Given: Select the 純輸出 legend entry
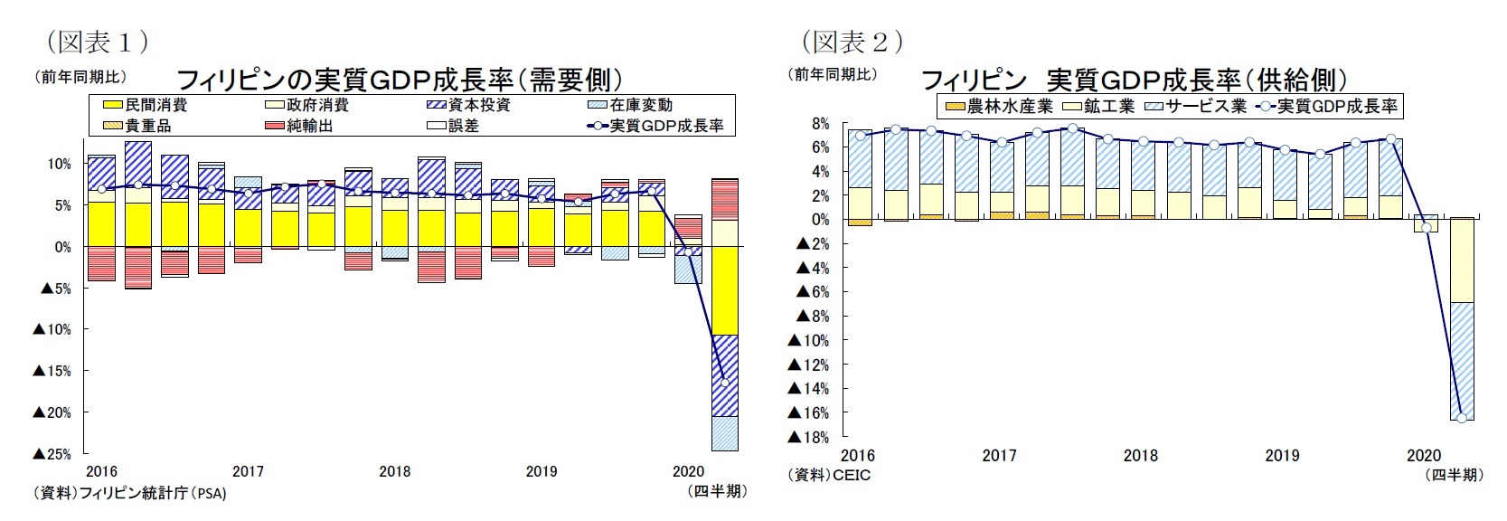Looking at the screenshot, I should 309,126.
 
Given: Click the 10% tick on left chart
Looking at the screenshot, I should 59,164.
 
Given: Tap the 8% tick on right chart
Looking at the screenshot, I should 820,123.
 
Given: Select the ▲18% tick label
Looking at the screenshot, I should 808,438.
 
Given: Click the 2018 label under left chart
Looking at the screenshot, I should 395,471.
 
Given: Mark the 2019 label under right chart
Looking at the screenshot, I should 1282,456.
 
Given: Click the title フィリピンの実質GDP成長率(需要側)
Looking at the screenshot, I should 399,80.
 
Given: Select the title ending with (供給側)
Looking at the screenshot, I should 1135,80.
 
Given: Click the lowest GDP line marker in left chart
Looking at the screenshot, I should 725,383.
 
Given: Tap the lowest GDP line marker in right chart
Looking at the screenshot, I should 1462,418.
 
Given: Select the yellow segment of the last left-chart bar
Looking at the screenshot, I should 725,290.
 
